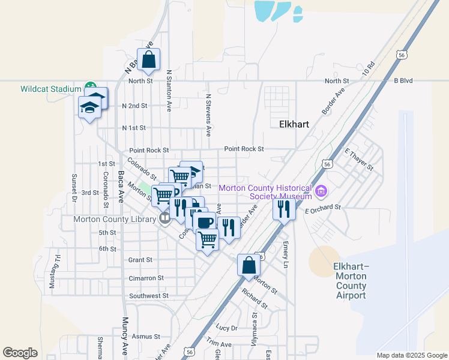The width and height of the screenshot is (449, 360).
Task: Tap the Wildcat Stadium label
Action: tap(50, 89)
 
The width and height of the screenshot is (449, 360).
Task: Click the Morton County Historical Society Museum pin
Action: tap(321, 192)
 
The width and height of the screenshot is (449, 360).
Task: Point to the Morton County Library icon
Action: tap(164, 219)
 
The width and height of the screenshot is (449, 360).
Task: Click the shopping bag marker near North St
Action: tap(148, 60)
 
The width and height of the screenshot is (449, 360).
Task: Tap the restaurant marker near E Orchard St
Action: tap(283, 209)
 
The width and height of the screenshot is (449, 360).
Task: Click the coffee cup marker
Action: tap(205, 223)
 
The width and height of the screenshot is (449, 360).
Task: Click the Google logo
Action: tap(20, 353)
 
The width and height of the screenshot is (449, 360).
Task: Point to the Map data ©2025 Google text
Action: tap(411, 355)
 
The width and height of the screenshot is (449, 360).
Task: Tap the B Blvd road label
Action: tap(403, 80)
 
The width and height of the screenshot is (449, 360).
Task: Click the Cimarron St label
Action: tap(146, 278)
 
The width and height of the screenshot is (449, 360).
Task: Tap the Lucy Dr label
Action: tap(227, 328)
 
